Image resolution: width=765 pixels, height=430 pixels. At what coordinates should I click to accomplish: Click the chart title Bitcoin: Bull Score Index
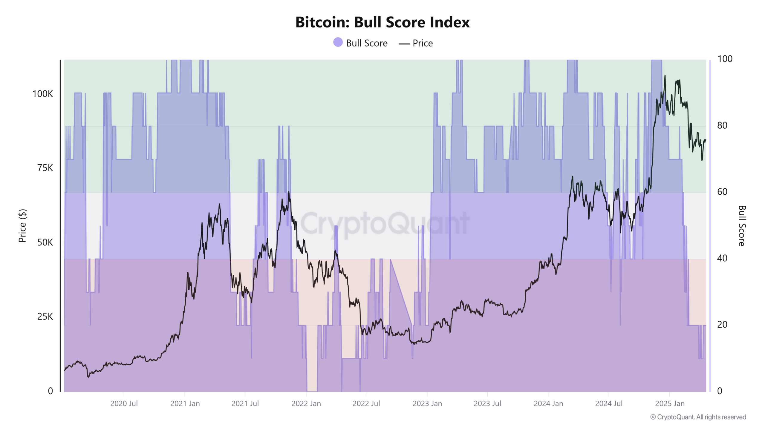[x=382, y=22]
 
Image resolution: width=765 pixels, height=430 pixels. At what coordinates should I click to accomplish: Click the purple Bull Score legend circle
[x=338, y=42]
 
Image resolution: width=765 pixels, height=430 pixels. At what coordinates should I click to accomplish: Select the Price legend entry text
[x=422, y=43]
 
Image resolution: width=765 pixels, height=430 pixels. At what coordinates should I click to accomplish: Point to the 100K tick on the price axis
[x=42, y=94]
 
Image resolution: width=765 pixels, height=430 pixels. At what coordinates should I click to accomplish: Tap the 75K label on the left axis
[x=45, y=168]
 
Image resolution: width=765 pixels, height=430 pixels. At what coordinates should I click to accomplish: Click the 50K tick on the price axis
[x=45, y=242]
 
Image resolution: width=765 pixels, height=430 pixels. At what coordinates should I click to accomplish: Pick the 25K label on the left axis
[x=45, y=317]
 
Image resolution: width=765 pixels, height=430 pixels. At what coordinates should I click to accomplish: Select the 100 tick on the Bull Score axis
[x=725, y=59]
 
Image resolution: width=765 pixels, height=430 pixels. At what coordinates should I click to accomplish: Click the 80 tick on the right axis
[x=722, y=125]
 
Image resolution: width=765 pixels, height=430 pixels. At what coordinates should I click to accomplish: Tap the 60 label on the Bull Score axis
[x=722, y=192]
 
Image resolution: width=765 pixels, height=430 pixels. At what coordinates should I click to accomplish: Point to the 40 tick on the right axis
[x=722, y=258]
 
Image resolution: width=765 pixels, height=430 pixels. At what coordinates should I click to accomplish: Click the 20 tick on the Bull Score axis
[x=722, y=325]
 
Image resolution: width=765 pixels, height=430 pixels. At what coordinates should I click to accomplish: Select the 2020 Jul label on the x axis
[x=124, y=403]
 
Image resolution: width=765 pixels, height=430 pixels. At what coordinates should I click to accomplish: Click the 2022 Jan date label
[x=306, y=403]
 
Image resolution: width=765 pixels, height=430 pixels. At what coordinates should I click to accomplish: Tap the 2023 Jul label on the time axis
[x=487, y=403]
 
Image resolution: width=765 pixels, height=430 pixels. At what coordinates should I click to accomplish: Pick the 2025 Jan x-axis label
[x=670, y=403]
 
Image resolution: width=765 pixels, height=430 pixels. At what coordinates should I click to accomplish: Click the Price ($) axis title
[x=22, y=225]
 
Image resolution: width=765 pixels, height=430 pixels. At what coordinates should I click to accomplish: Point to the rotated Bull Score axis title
[x=742, y=225]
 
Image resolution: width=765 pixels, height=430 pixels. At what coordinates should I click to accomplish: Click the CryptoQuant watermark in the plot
[x=385, y=223]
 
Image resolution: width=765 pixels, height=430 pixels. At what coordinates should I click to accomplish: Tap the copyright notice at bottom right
[x=698, y=417]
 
